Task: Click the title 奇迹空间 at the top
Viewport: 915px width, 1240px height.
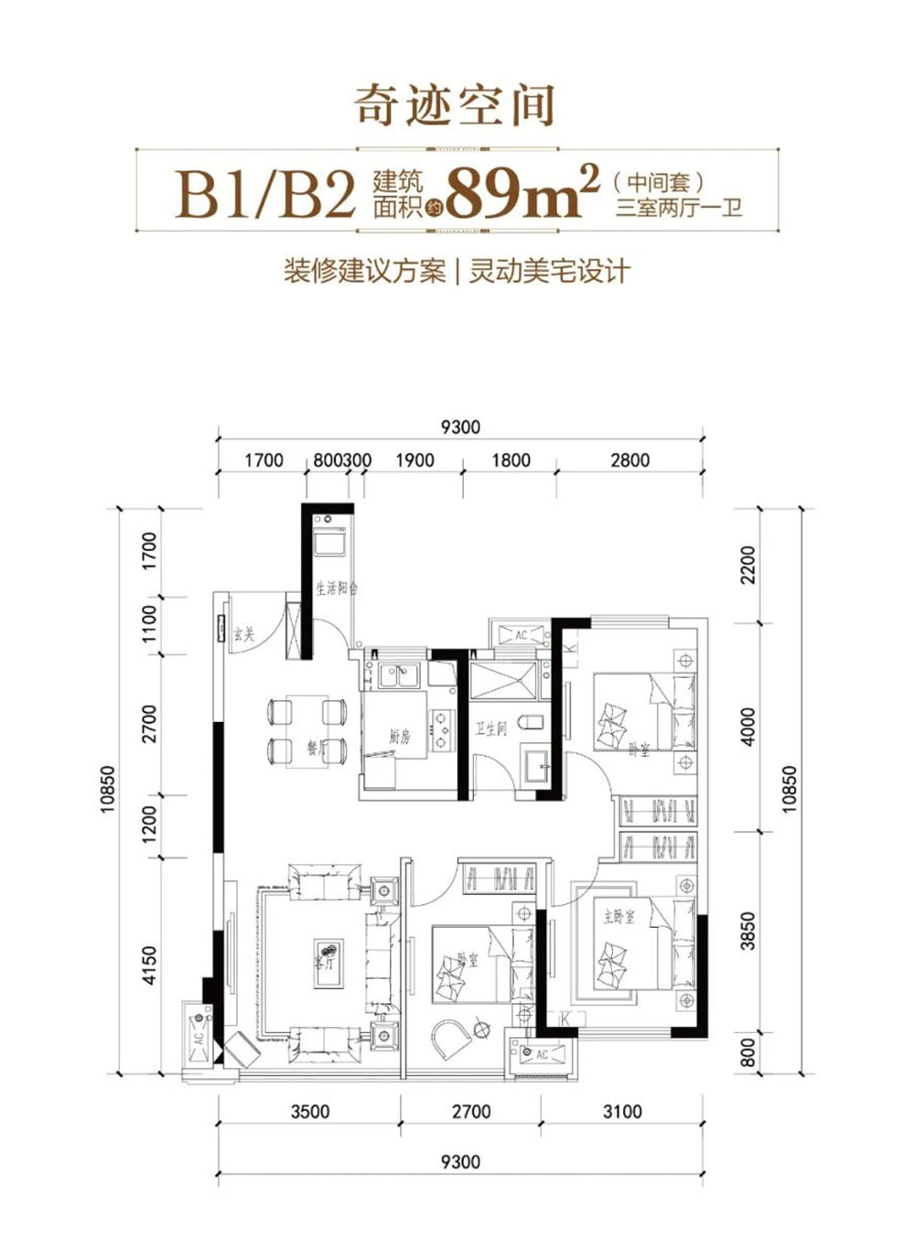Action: point(455,105)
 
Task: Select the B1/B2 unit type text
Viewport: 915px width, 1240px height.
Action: point(265,193)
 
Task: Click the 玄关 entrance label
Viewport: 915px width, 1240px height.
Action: point(243,633)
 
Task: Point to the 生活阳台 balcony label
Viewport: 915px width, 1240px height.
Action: point(336,588)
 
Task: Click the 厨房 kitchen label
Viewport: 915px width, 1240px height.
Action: point(400,736)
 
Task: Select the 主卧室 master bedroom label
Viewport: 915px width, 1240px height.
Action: point(619,916)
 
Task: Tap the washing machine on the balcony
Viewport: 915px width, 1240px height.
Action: point(327,540)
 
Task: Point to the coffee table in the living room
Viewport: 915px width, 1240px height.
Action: point(328,963)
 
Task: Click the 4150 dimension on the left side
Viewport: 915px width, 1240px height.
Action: point(150,965)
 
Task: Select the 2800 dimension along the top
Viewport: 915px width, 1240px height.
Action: point(630,460)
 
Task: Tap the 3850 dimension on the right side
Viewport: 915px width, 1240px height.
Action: point(748,931)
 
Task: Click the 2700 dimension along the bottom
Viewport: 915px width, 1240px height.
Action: point(471,1112)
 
